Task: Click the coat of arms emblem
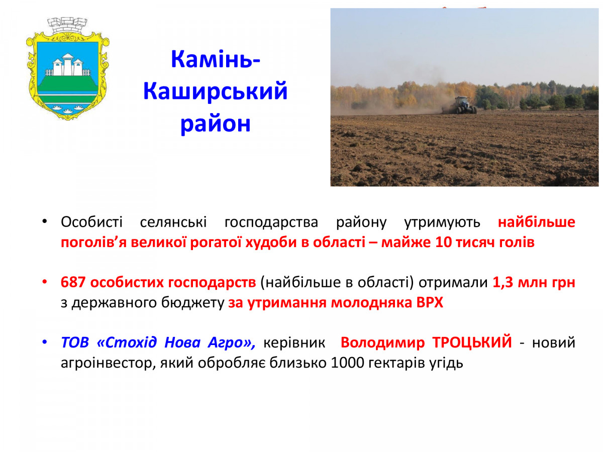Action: tap(67, 69)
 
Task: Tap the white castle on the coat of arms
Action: tap(67, 66)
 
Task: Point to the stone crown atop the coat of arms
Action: tap(67, 26)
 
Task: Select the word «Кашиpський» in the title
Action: tap(216, 91)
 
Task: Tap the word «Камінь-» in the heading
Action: tap(216, 59)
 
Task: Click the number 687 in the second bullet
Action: tap(73, 282)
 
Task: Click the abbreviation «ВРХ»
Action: tap(430, 303)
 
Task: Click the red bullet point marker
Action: tap(45, 282)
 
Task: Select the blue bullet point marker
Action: tap(45, 342)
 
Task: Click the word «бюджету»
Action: tap(192, 303)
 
